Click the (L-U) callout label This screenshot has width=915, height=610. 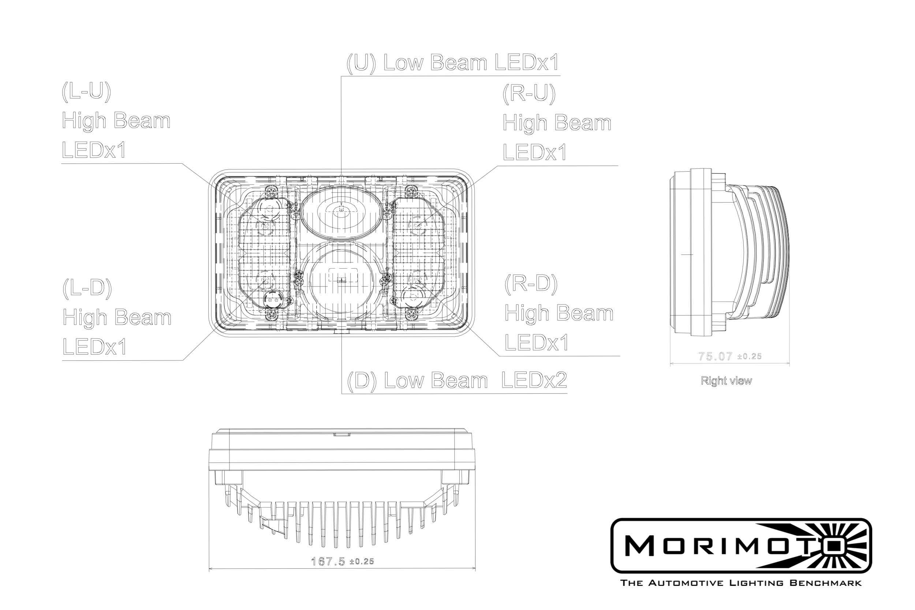coord(86,92)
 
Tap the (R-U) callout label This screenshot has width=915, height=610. coord(529,94)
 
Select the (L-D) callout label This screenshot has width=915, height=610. coord(87,288)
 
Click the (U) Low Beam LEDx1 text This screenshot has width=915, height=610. coord(452,63)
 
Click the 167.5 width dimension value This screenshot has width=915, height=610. coord(328,561)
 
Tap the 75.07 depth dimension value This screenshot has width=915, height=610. coord(715,356)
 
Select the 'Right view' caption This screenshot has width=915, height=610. coord(726,381)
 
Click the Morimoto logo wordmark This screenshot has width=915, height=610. coord(720,546)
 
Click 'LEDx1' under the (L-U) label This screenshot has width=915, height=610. coord(94,150)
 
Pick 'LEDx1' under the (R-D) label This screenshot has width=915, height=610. coord(536,343)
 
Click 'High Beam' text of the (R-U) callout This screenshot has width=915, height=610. coord(557,123)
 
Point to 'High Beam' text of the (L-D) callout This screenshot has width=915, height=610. coord(117,318)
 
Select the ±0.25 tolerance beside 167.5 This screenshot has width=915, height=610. coord(362,562)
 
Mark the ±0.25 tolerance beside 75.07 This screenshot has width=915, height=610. coord(749,356)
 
